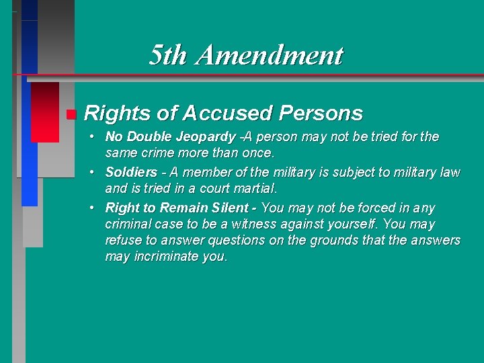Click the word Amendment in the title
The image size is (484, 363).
coord(269,55)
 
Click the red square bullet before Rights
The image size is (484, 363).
coord(71,114)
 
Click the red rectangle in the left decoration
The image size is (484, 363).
coord(45,111)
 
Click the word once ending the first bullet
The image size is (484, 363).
coord(259,154)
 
